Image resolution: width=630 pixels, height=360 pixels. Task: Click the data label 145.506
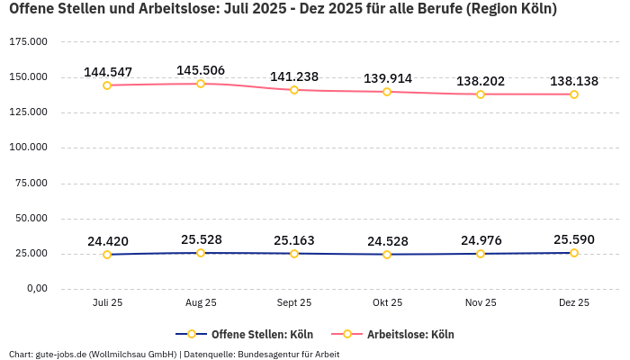point(201,70)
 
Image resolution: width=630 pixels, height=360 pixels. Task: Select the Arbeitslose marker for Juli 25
point(107,85)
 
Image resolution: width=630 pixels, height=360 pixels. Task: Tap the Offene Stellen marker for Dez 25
point(574,253)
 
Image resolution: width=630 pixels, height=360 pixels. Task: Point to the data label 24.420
point(107,241)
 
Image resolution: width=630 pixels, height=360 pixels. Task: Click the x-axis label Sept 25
point(294,303)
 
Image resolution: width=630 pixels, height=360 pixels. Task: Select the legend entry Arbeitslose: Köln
point(409,335)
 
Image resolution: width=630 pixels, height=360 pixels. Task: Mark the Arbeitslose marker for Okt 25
point(387,92)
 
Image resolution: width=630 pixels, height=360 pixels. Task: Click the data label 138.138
point(574,81)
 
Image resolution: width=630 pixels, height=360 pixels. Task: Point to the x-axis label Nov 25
point(481,303)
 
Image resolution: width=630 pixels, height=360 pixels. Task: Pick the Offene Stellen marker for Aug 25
point(201,253)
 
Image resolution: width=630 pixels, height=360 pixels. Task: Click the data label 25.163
point(294,240)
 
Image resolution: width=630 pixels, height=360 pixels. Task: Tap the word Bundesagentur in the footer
point(268,354)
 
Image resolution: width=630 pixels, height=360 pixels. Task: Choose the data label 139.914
point(387,78)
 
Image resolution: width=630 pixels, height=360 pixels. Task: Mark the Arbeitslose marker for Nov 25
point(481,94)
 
